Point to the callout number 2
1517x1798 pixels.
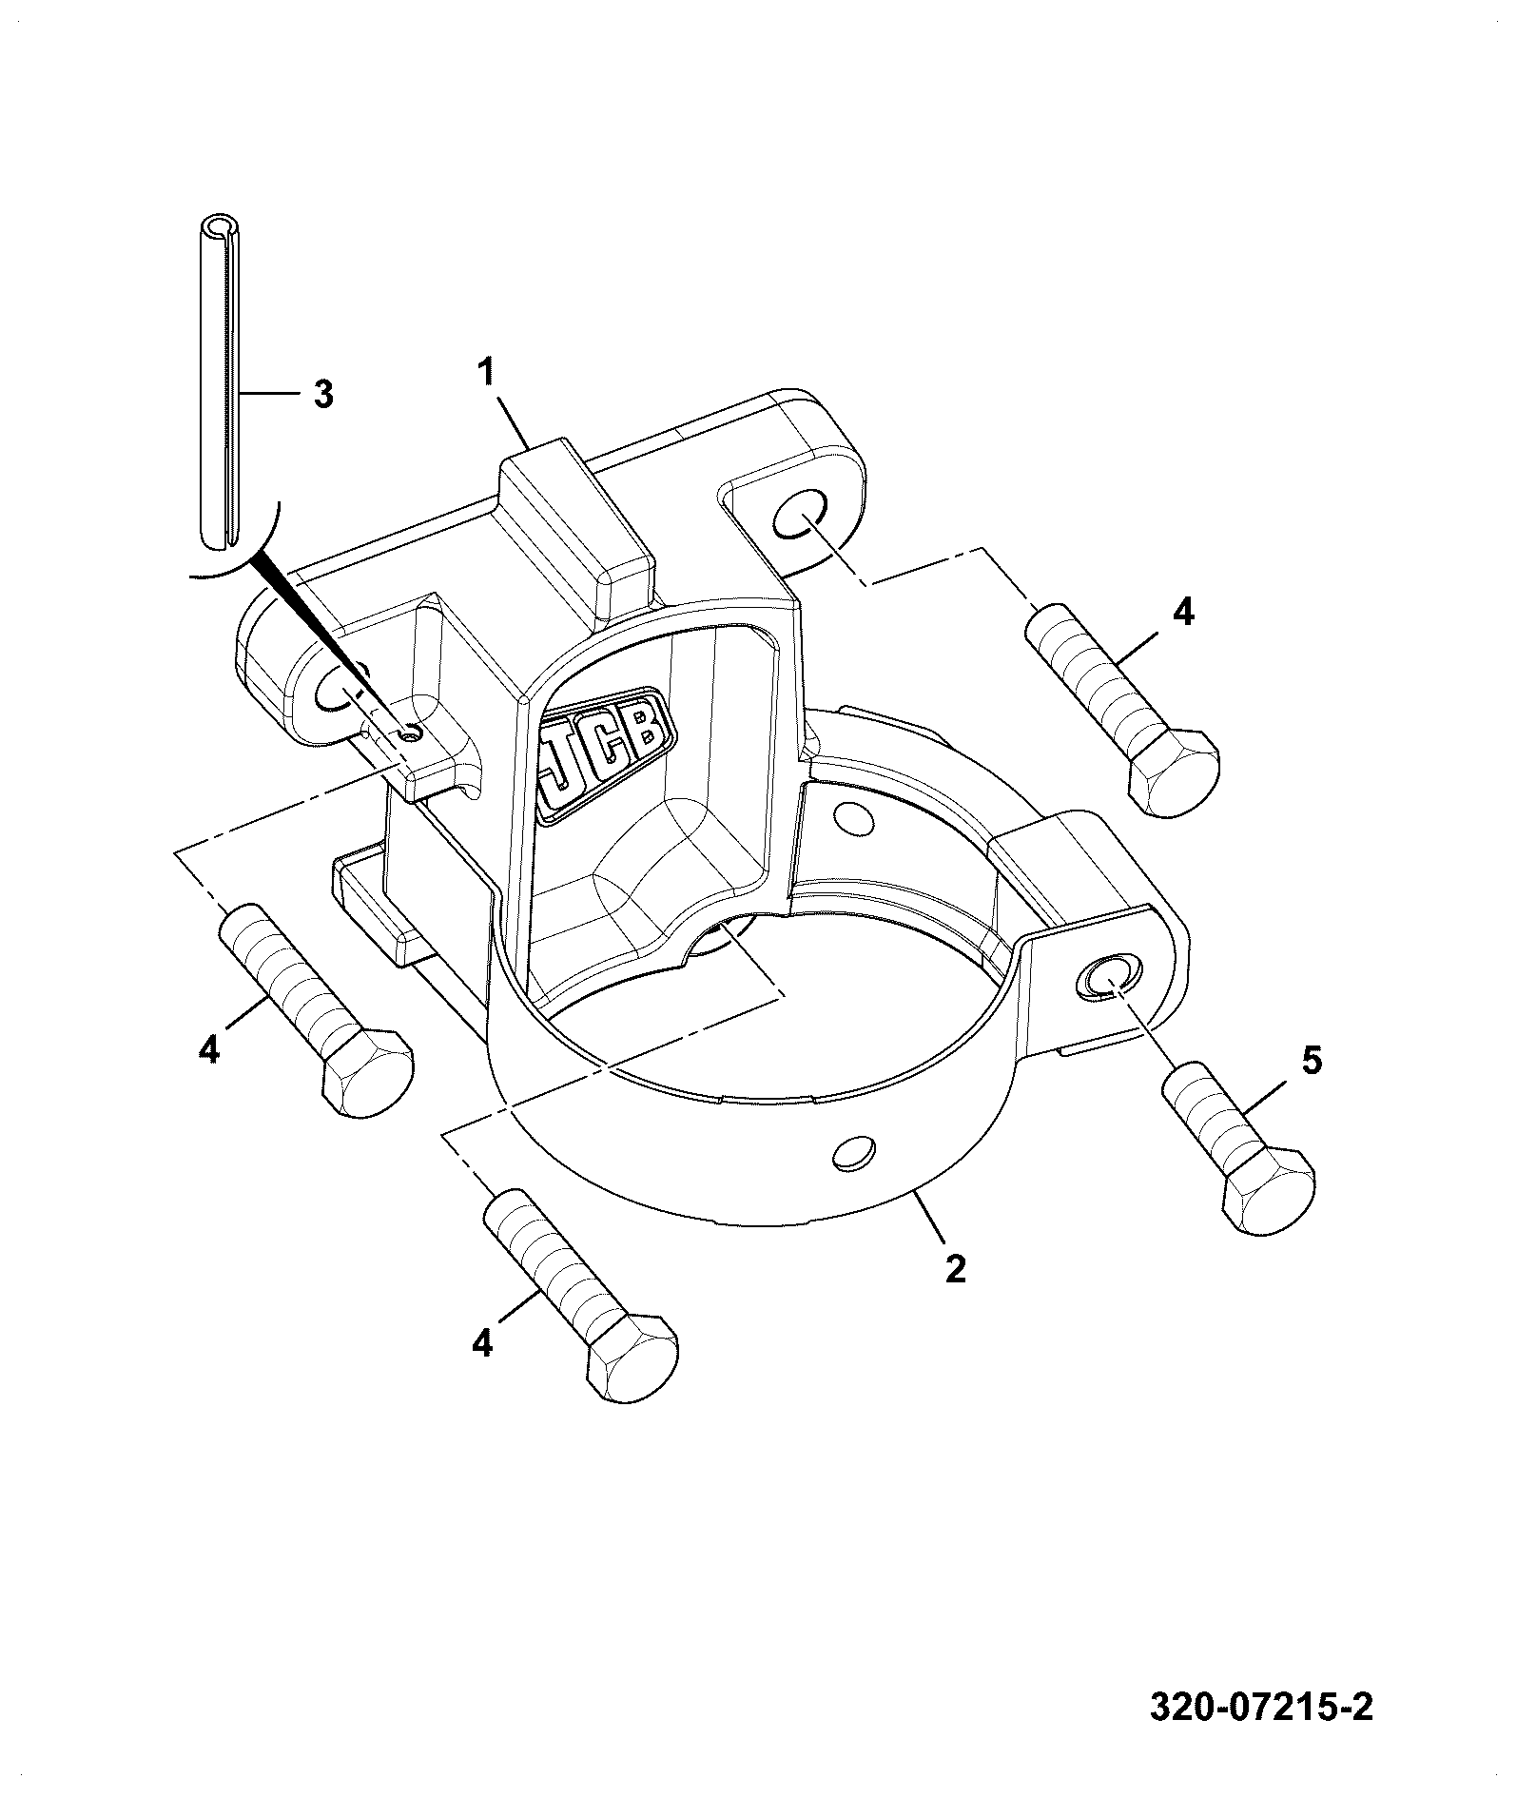click(x=955, y=1269)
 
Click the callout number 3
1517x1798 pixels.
click(x=323, y=394)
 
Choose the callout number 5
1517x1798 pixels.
click(x=1312, y=1061)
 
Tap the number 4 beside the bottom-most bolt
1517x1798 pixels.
click(x=482, y=1343)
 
